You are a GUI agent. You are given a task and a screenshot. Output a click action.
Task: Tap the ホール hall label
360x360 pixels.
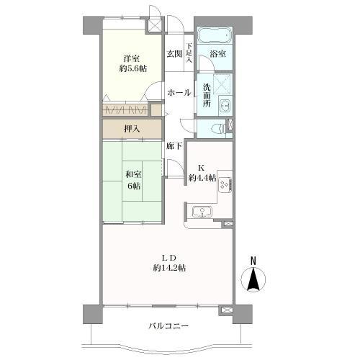tap(179, 92)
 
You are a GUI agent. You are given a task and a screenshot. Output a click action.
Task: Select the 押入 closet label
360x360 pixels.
tap(131, 130)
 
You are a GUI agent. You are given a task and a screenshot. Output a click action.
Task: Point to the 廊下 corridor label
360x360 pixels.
tap(174, 146)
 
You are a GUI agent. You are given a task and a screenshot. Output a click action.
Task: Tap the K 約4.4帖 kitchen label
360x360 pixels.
tap(202, 173)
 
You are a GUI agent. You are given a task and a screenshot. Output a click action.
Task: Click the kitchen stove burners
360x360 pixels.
tap(225, 184)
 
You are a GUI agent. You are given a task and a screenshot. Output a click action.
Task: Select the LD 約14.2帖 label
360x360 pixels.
tap(168, 263)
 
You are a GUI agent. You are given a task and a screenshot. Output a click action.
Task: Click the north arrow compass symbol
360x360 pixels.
tap(253, 279)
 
